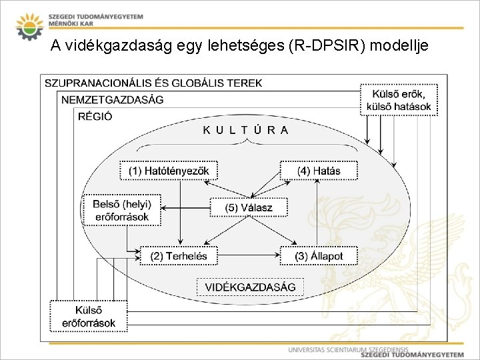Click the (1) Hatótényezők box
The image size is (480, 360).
click(x=169, y=171)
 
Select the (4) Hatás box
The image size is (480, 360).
click(x=319, y=171)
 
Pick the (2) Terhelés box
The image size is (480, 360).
click(x=179, y=255)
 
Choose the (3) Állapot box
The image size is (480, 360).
click(x=318, y=255)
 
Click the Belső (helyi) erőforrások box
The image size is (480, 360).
click(x=121, y=210)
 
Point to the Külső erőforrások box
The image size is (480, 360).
click(x=88, y=316)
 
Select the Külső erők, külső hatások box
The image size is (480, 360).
click(x=399, y=99)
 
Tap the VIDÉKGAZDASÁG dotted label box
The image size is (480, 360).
click(x=250, y=287)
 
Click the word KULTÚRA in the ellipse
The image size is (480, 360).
click(x=246, y=130)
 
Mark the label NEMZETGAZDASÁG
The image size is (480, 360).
click(x=112, y=99)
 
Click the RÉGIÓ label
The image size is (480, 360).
click(x=95, y=115)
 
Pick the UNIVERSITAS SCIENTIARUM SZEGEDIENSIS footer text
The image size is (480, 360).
click(x=347, y=349)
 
